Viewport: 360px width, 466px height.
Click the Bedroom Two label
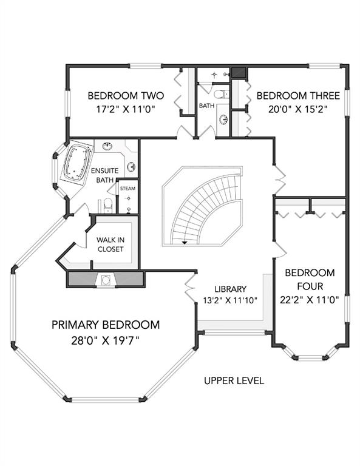[126, 96]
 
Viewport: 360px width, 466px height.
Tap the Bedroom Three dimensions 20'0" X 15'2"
[298, 109]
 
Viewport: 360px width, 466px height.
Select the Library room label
[231, 289]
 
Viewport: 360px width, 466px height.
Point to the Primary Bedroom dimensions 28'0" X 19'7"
[106, 340]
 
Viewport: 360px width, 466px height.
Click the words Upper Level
[234, 380]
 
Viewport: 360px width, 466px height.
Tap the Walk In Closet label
[110, 245]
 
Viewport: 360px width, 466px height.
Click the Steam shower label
[128, 189]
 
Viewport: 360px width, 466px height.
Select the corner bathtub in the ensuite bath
[76, 162]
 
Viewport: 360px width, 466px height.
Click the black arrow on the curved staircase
[185, 243]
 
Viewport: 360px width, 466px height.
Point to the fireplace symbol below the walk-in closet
[106, 280]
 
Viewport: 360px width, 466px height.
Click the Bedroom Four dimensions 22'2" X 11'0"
[310, 300]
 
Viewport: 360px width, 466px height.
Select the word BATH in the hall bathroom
[206, 106]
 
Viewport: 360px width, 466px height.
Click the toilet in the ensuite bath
[107, 206]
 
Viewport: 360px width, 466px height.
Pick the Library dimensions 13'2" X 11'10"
[230, 300]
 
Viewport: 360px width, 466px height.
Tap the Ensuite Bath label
[104, 175]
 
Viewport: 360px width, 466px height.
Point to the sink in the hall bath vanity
[223, 120]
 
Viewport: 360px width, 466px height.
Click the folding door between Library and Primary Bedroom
[190, 288]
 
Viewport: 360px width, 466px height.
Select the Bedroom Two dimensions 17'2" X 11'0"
[126, 109]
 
